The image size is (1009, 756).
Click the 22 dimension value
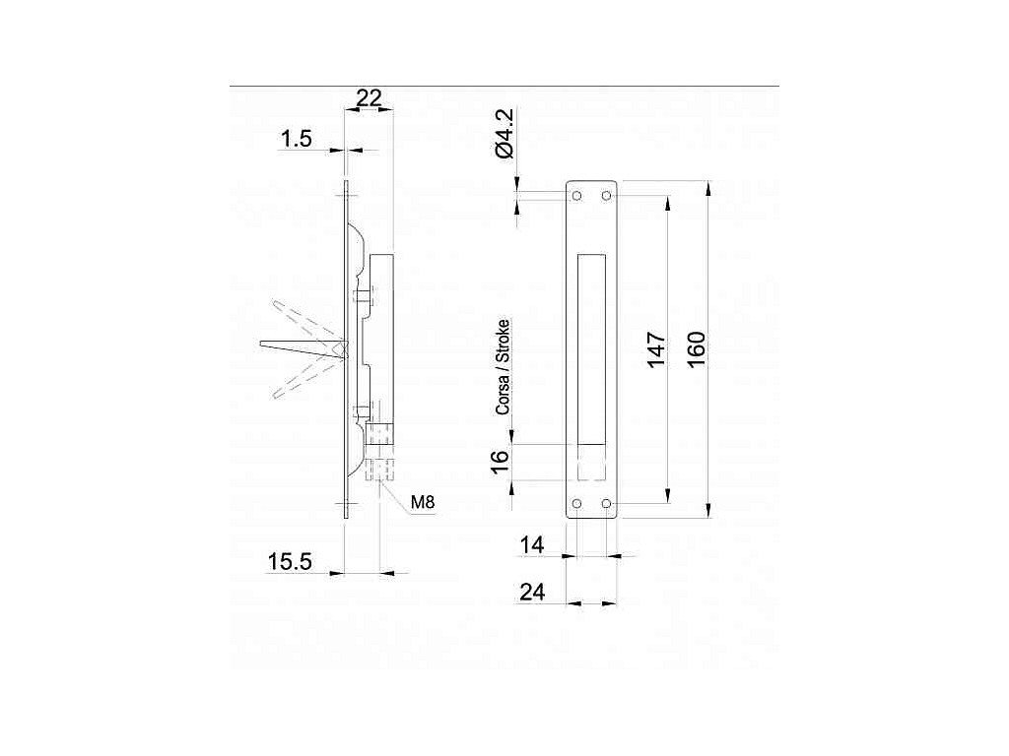point(369,98)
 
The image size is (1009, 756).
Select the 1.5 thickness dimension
point(296,138)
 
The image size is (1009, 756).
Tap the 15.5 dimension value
point(290,562)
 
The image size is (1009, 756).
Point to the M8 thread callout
point(423,501)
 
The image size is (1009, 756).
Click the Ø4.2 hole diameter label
point(505,133)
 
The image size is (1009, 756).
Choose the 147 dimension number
point(655,349)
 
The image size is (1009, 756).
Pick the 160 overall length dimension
point(697,349)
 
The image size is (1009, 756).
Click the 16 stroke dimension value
point(500,462)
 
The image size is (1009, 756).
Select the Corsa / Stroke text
point(503,367)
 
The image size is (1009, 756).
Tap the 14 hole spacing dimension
point(532,545)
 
